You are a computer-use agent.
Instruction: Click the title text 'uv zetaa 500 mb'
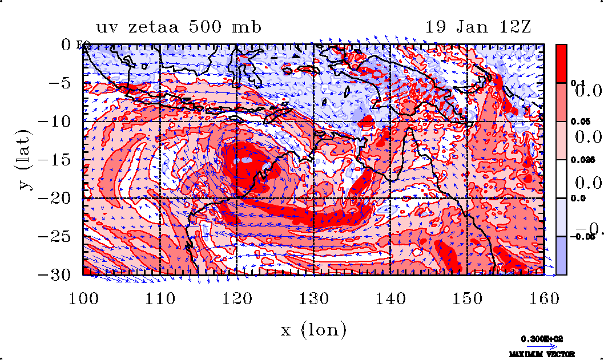tap(179, 27)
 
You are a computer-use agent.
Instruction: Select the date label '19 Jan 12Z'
tap(478, 27)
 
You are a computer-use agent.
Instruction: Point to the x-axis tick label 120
tap(236, 298)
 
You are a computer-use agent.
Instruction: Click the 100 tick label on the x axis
tap(83, 298)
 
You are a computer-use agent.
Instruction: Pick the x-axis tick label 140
tap(390, 298)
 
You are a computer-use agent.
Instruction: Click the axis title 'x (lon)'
tap(313, 329)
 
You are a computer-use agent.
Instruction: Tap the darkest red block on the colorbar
tap(561, 63)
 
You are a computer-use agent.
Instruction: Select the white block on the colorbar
tap(561, 179)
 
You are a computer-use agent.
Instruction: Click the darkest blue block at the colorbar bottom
tap(561, 256)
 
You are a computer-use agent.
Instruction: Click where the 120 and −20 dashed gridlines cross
tap(236, 198)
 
